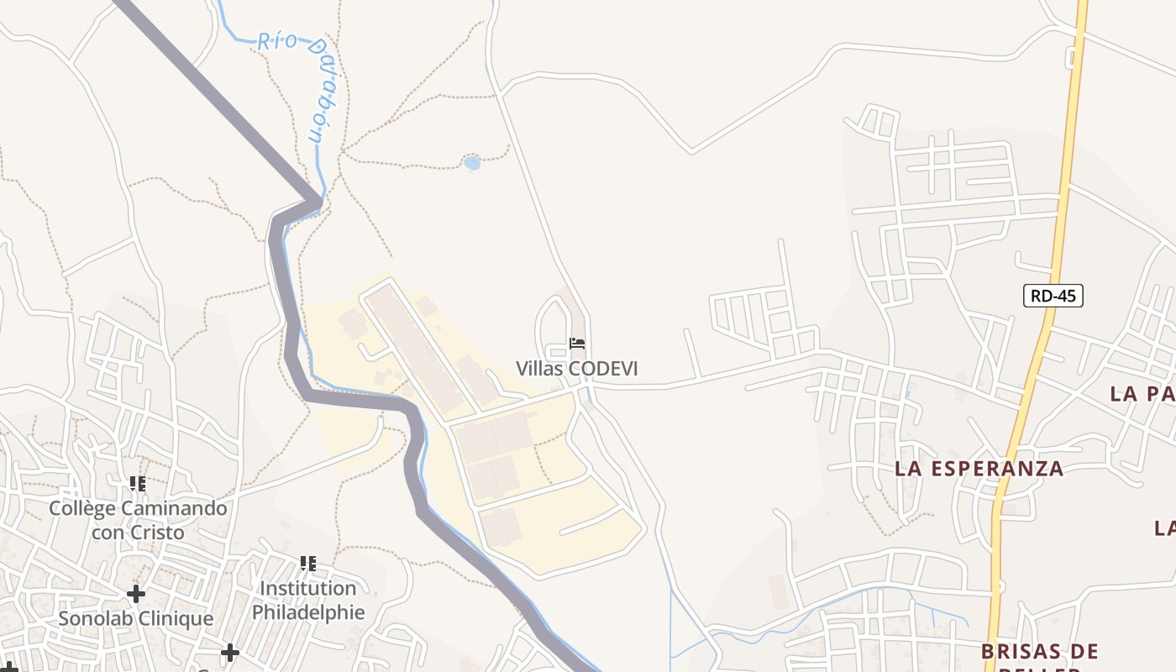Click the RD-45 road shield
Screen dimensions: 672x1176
point(1053,296)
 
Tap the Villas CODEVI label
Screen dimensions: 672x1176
point(576,369)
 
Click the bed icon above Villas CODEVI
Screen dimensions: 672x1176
point(577,344)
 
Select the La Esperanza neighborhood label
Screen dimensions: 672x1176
point(979,469)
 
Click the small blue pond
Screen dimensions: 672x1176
point(472,163)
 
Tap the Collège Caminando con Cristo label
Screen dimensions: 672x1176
point(138,520)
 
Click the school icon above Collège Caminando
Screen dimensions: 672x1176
point(138,484)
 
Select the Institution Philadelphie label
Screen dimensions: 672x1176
point(308,600)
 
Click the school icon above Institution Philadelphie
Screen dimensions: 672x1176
point(308,563)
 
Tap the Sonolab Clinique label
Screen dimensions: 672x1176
point(136,619)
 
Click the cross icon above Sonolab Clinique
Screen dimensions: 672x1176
point(135,595)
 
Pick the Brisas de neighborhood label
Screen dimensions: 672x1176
point(1039,651)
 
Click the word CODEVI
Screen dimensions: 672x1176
point(602,369)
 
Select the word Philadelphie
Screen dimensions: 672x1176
point(308,612)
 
